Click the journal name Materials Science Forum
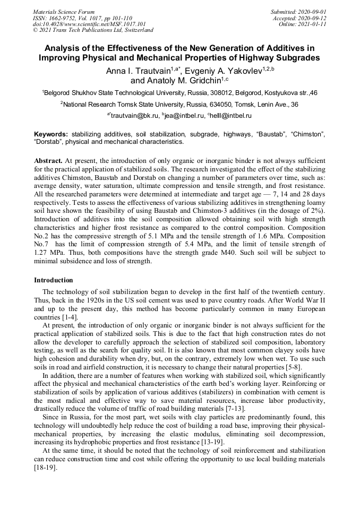pos(64,11)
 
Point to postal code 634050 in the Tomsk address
pos(218,105)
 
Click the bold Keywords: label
pos(51,135)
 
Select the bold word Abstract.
pos(48,160)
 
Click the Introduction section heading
pos(54,280)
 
